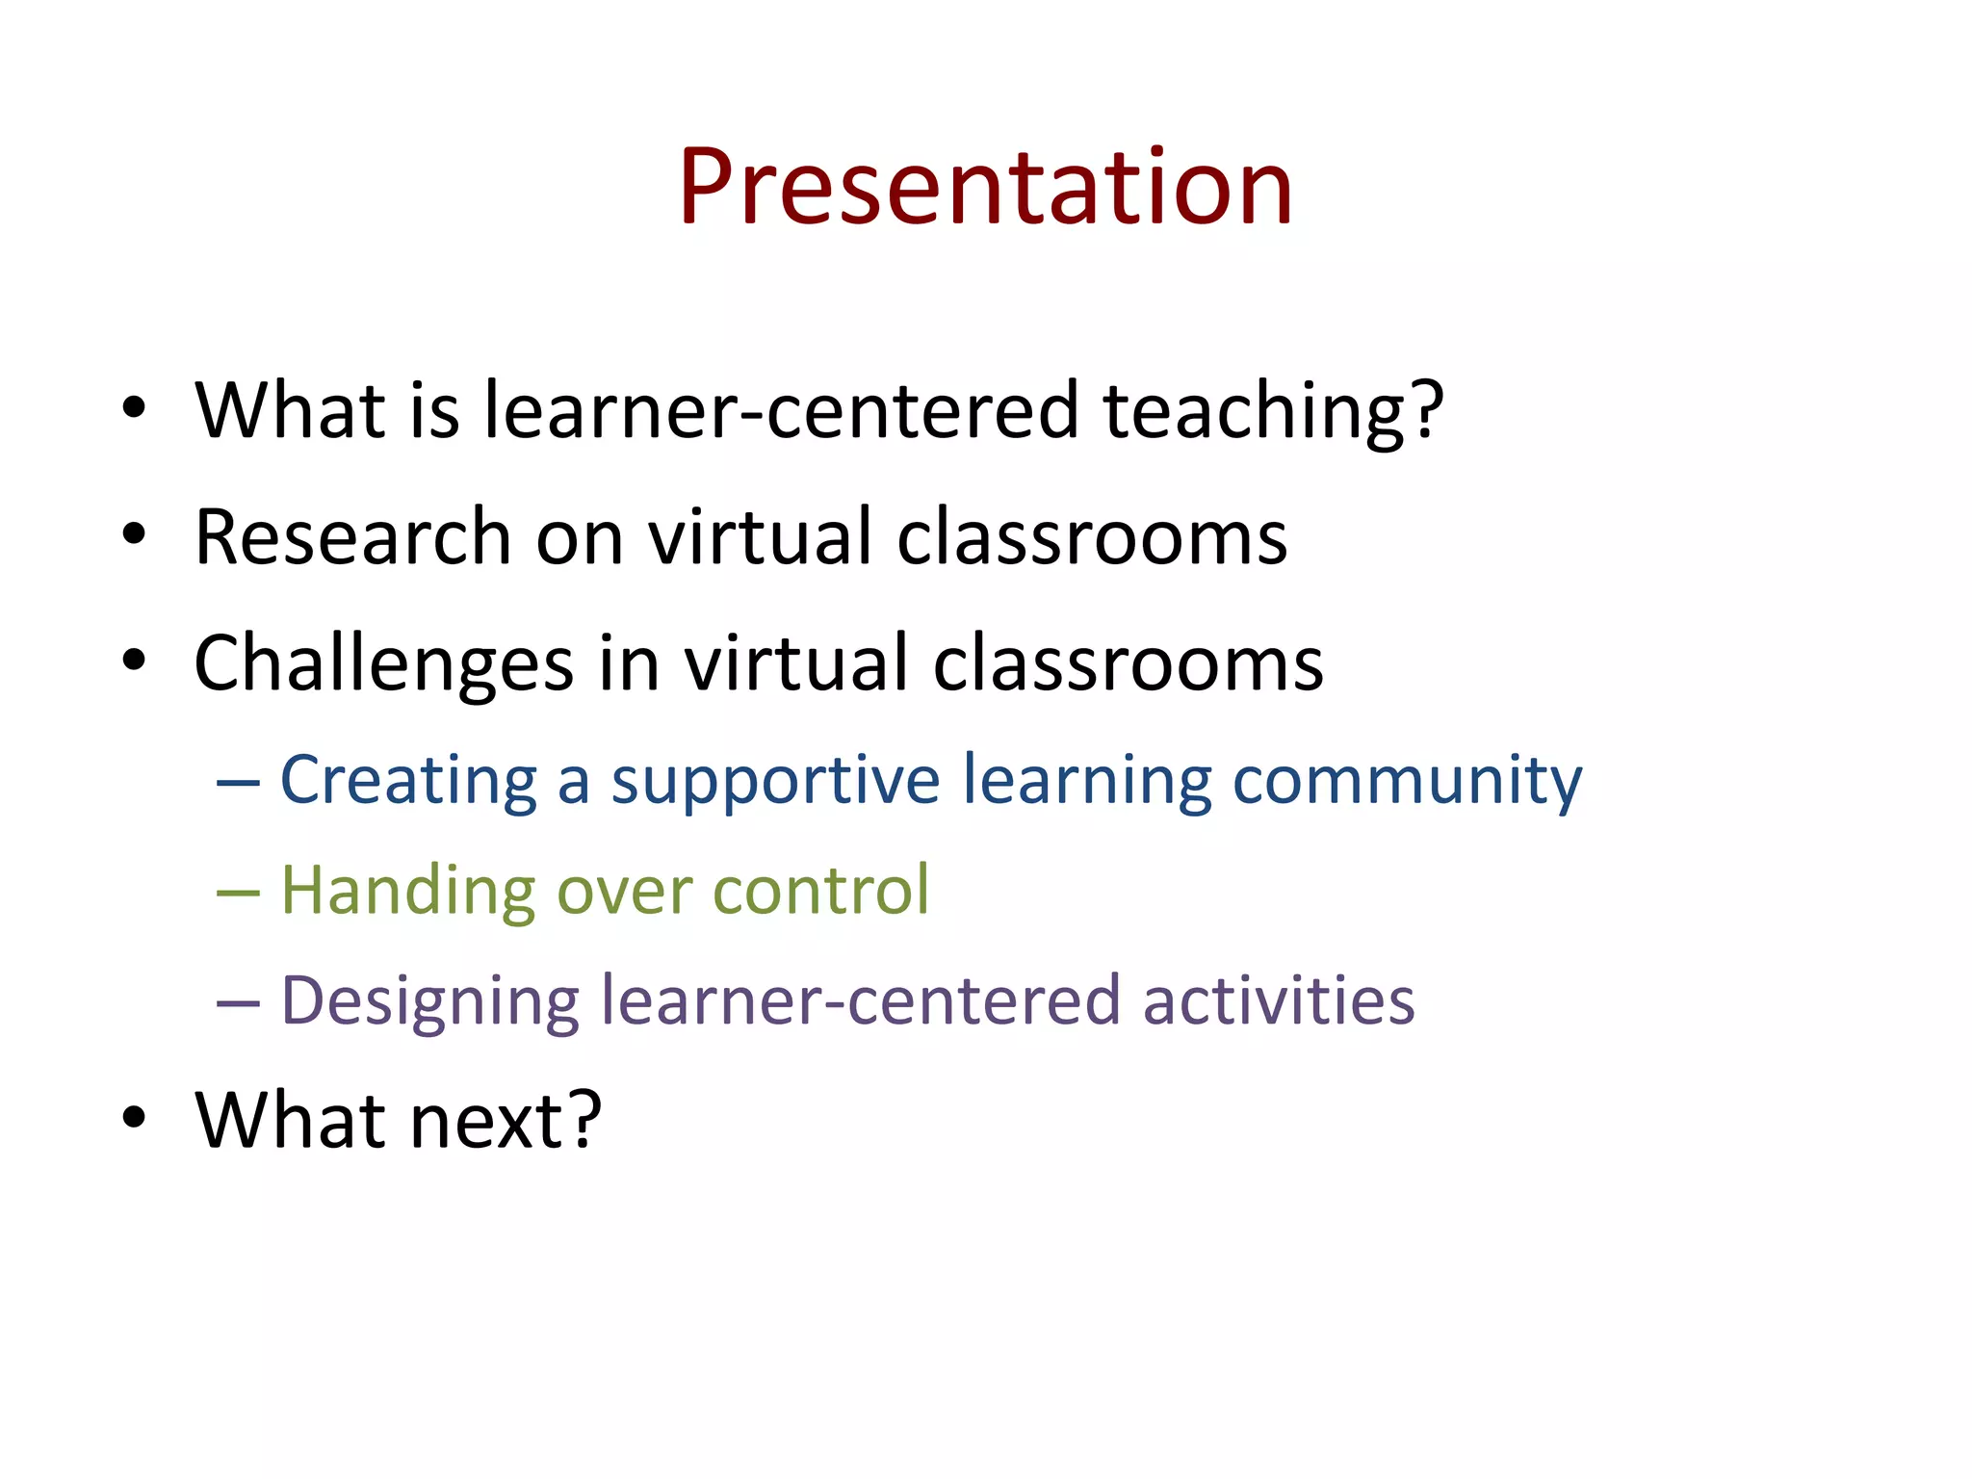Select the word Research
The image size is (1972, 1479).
[352, 537]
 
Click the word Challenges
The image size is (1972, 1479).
[383, 664]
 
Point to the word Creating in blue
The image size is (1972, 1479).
[408, 780]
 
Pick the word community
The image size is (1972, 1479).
[1407, 780]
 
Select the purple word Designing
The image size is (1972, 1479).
[429, 1001]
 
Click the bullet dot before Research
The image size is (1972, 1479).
[134, 534]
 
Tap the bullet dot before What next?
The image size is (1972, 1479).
[134, 1118]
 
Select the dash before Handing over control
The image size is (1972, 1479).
[238, 894]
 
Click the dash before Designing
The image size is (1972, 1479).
[238, 1004]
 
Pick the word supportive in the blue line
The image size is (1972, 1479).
[775, 780]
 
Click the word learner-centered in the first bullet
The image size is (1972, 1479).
[780, 412]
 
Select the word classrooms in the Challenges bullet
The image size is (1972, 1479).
[1128, 664]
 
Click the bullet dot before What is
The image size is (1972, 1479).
[134, 407]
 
